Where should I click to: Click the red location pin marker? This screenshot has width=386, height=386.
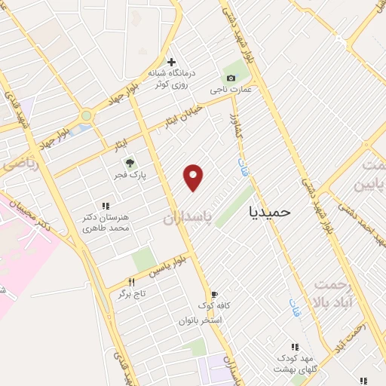[x=195, y=177]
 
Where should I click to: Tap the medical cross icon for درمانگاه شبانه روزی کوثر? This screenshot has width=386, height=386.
[x=171, y=62]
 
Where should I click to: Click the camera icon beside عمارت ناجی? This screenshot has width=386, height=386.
[x=230, y=78]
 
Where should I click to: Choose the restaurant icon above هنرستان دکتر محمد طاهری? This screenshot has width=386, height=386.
[x=106, y=205]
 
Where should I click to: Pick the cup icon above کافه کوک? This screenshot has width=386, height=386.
[x=214, y=295]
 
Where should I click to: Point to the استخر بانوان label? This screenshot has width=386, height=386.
[x=200, y=320]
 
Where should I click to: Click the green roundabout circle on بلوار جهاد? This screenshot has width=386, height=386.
[x=87, y=116]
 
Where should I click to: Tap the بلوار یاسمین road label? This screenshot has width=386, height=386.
[x=166, y=265]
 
